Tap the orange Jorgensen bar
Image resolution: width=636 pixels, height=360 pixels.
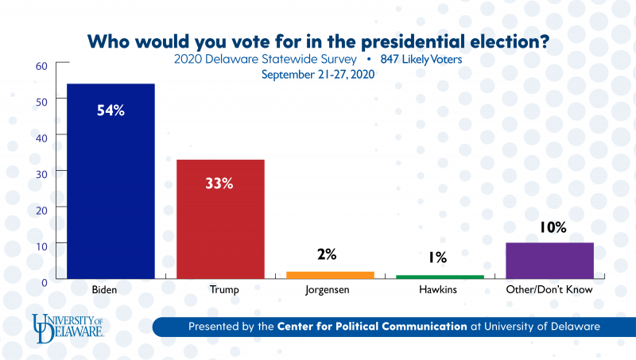pos(330,275)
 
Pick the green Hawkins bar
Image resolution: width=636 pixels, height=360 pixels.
pos(440,277)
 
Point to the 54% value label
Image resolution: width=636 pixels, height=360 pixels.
pos(111,110)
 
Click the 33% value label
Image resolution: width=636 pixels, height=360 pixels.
pos(220,184)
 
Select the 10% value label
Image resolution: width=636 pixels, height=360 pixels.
pos(550,228)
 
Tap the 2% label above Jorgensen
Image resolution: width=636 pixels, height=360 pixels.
pos(327,255)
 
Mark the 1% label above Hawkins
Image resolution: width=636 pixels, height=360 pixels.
pos(437,257)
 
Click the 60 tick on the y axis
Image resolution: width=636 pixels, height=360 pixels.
pos(41,65)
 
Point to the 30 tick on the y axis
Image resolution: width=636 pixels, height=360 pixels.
pos(41,172)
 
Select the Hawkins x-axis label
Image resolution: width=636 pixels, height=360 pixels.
pos(439,290)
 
